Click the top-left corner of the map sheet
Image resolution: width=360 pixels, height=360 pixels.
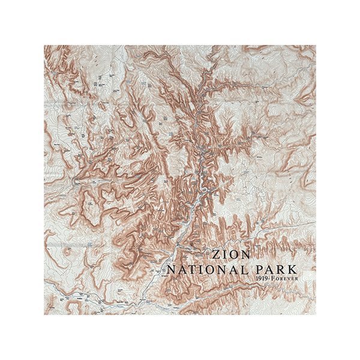pyautogui.click(x=43, y=45)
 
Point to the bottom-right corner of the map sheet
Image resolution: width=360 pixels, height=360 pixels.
pyautogui.click(x=317, y=315)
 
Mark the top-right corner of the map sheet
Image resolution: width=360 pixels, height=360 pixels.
pyautogui.click(x=317, y=45)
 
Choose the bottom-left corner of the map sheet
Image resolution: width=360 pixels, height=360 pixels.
pyautogui.click(x=43, y=315)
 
